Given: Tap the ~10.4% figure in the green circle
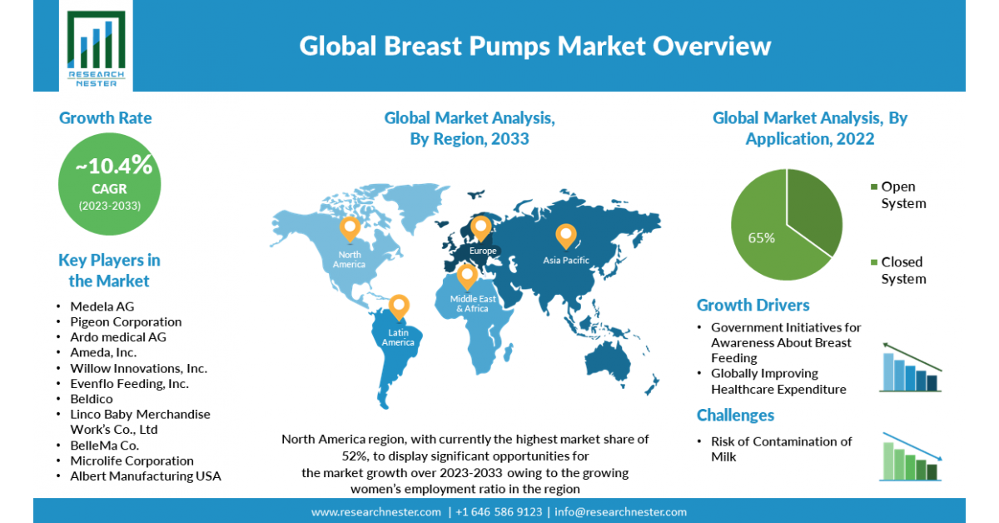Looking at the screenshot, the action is click(x=114, y=166).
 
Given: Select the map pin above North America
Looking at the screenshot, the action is click(x=350, y=229).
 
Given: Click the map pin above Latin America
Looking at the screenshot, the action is click(x=399, y=307).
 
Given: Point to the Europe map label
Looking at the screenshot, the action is click(x=483, y=251).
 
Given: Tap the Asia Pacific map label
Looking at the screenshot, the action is click(x=566, y=260).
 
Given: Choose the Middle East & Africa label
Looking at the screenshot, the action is click(x=473, y=303).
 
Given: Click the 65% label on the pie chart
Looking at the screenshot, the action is click(x=761, y=238).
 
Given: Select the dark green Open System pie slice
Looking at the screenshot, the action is click(x=813, y=210).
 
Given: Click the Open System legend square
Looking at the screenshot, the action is click(x=874, y=187).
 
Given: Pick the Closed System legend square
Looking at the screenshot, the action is click(x=874, y=262).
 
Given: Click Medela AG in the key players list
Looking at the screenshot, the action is click(x=102, y=306).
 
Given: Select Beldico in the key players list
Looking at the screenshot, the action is click(x=92, y=399).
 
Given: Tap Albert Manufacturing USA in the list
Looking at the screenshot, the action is click(x=146, y=476).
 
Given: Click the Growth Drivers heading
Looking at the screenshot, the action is click(x=753, y=306).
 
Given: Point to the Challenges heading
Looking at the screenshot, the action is click(x=735, y=416).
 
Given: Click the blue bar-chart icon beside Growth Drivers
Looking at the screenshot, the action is click(x=911, y=368).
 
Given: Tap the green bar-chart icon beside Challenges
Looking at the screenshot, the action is click(x=911, y=456).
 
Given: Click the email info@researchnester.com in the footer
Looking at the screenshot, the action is click(x=621, y=512).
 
